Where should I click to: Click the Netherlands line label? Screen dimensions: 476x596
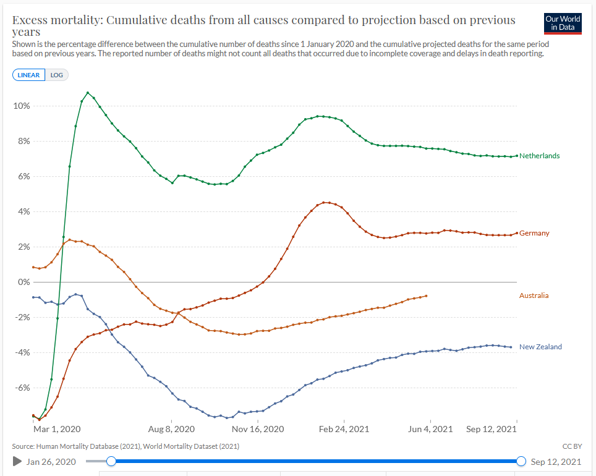(539, 156)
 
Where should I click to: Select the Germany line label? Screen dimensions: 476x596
(534, 233)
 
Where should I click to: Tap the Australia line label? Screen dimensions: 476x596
(534, 295)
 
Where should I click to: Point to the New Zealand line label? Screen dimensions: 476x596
(540, 347)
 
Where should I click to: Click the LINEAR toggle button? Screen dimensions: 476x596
(28, 75)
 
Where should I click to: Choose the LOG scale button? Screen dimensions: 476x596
(57, 75)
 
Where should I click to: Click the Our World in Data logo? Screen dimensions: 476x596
(563, 23)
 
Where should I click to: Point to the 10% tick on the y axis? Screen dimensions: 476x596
(22, 106)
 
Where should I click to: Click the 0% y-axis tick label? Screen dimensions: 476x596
(25, 282)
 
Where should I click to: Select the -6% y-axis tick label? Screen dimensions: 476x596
(22, 388)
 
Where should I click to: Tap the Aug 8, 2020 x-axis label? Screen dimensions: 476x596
(172, 429)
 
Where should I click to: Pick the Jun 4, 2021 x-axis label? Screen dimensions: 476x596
(431, 429)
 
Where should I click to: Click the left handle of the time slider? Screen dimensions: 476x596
(111, 461)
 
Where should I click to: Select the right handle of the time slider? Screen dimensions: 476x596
(521, 461)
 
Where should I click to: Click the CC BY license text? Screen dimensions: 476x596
(571, 446)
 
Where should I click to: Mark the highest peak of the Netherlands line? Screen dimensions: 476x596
(88, 93)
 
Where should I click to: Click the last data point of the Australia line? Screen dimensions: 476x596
(426, 295)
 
